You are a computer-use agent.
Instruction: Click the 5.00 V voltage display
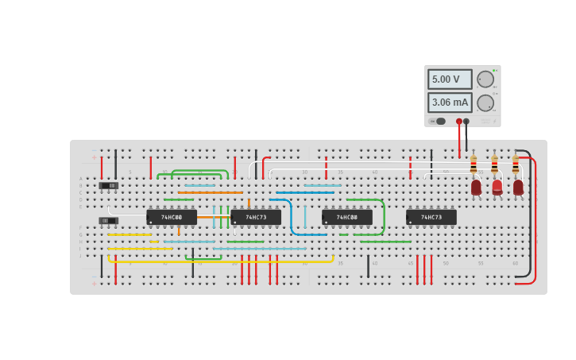[x=450, y=79]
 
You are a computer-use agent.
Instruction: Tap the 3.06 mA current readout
[x=450, y=103]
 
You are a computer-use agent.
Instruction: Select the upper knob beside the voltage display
[x=485, y=79]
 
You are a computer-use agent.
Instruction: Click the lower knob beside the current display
[x=485, y=103]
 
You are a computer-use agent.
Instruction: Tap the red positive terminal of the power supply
[x=459, y=122]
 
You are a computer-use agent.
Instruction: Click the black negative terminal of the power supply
[x=466, y=122]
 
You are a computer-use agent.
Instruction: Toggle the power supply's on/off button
[x=439, y=122]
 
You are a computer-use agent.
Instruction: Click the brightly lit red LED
[x=497, y=187]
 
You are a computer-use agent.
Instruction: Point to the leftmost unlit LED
[x=476, y=187]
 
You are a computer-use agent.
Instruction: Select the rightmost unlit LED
[x=518, y=187]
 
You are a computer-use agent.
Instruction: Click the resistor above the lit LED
[x=494, y=165]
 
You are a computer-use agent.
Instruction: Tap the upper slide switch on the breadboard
[x=110, y=186]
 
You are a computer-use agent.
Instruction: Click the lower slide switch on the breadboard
[x=108, y=220]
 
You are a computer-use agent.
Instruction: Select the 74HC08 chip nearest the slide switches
[x=172, y=217]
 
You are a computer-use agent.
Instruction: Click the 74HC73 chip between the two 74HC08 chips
[x=255, y=217]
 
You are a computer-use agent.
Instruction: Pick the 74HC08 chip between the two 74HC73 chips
[x=346, y=217]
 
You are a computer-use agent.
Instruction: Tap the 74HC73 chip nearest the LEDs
[x=431, y=217]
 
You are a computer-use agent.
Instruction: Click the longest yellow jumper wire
[x=222, y=261]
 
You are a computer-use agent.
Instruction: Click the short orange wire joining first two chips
[x=213, y=217]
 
